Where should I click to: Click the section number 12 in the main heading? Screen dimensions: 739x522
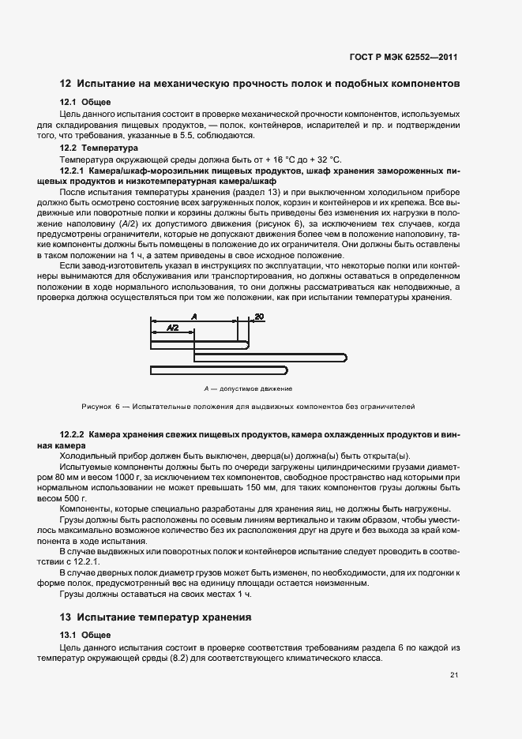pyautogui.click(x=66, y=84)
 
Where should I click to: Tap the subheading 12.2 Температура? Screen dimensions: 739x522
pyautogui.click(x=99, y=148)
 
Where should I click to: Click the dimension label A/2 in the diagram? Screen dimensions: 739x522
pyautogui.click(x=173, y=326)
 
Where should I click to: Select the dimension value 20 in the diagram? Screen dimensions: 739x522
pyautogui.click(x=259, y=317)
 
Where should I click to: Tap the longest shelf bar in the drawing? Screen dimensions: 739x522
pyautogui.click(x=269, y=358)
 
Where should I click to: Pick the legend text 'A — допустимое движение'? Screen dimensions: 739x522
pyautogui.click(x=248, y=388)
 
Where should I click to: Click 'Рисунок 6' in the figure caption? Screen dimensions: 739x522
pyautogui.click(x=99, y=407)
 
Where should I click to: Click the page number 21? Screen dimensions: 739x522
pyautogui.click(x=454, y=675)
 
